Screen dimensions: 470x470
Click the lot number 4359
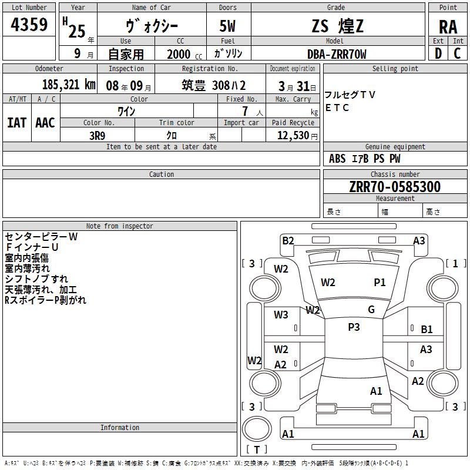click(29, 24)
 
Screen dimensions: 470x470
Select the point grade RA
click(448, 27)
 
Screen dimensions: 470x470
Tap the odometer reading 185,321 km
click(69, 85)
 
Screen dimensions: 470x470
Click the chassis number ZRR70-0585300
click(395, 187)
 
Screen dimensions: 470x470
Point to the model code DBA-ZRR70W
click(337, 54)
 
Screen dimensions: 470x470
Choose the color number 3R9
click(97, 136)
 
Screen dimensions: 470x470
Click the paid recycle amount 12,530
click(293, 136)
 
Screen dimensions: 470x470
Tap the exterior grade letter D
click(438, 53)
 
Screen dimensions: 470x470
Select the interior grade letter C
click(457, 53)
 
